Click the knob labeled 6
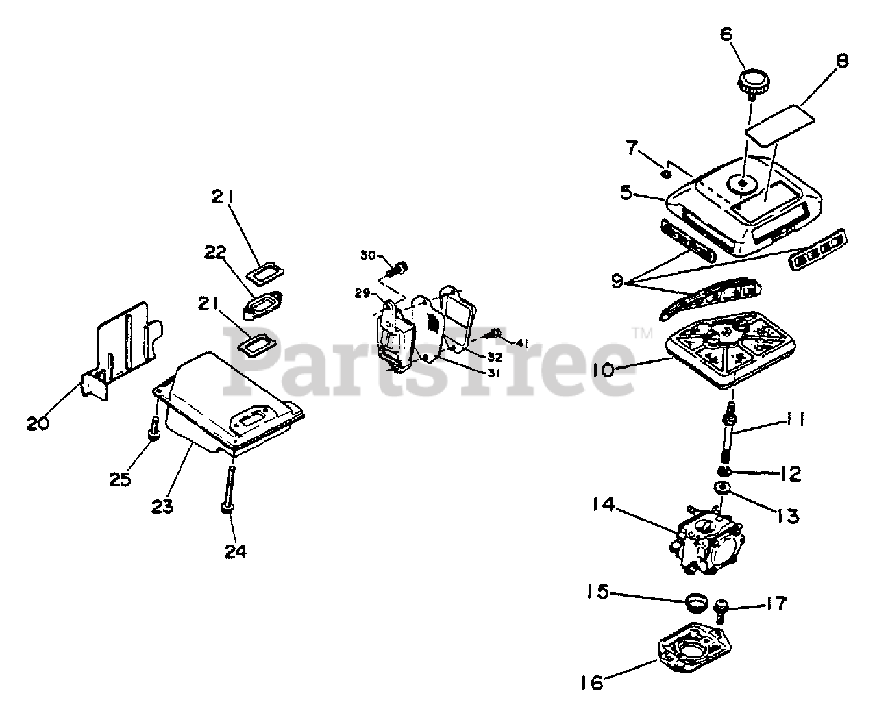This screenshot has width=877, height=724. (x=752, y=83)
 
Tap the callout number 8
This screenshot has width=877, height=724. (x=841, y=61)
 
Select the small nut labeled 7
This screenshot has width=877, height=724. (x=665, y=174)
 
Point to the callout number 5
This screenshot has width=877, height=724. (x=625, y=192)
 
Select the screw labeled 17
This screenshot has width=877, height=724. (x=722, y=606)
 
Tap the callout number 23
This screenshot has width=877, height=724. (x=162, y=506)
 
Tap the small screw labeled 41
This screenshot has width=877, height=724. (x=492, y=334)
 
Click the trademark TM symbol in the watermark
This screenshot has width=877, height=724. (x=642, y=334)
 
